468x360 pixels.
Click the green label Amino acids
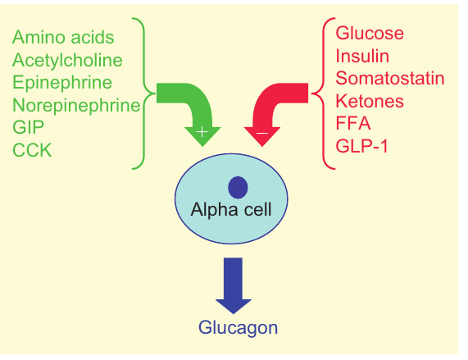(x=63, y=38)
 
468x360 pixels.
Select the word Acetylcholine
(x=67, y=60)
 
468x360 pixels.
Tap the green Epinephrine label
(x=62, y=82)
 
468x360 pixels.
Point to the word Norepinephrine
(x=76, y=104)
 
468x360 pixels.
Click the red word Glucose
(x=370, y=34)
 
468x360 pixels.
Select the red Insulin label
(x=362, y=56)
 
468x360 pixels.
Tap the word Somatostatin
(x=390, y=79)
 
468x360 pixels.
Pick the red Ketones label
(x=370, y=101)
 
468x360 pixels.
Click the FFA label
(x=353, y=123)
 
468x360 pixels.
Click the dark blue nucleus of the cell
(x=238, y=188)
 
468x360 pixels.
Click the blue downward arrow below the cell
(x=234, y=284)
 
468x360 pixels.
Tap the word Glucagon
(x=238, y=328)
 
